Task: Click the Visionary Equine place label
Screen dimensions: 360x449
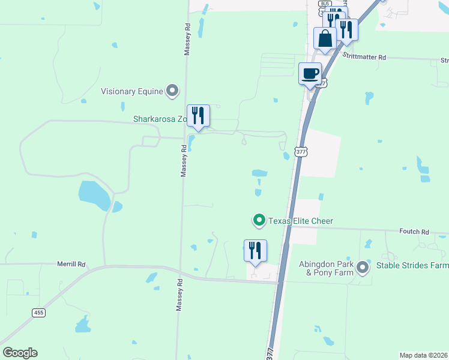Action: click(132, 91)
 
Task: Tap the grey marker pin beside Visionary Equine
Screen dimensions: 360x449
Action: click(173, 91)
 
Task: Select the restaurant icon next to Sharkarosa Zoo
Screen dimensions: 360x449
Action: click(198, 115)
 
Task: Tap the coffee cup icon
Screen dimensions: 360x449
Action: click(310, 74)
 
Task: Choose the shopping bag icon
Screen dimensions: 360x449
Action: click(325, 38)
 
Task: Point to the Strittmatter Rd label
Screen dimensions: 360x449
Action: click(364, 57)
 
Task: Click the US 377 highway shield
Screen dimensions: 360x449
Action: click(301, 152)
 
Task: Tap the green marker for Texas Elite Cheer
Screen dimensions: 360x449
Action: click(259, 221)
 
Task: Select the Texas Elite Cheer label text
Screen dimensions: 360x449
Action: click(300, 221)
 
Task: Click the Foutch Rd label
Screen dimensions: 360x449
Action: click(417, 231)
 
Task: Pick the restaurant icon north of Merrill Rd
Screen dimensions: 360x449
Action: click(255, 250)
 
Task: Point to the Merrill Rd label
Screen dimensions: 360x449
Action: click(73, 264)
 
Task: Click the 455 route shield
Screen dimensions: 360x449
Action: click(38, 313)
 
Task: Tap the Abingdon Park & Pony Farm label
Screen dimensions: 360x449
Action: click(325, 268)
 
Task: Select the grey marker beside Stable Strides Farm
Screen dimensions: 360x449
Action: click(363, 266)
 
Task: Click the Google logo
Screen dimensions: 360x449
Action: click(20, 353)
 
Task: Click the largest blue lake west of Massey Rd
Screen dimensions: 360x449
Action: click(94, 195)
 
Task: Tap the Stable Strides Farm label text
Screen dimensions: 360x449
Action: click(412, 265)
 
